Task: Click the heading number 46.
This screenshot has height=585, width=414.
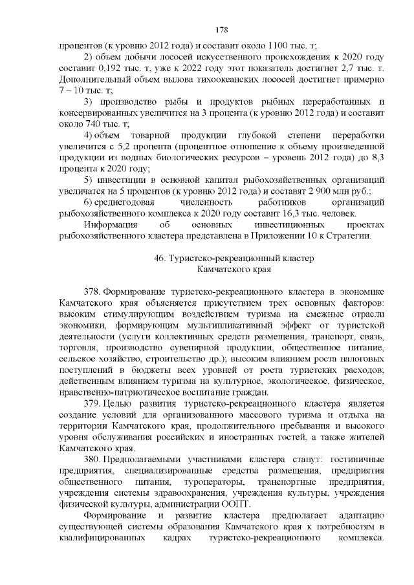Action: [160, 259]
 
